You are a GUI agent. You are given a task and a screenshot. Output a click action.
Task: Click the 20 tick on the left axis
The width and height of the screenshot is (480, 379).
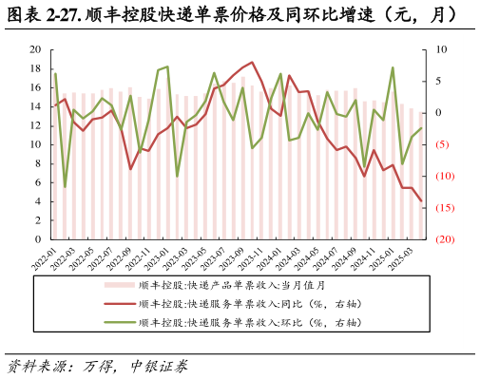[35, 49]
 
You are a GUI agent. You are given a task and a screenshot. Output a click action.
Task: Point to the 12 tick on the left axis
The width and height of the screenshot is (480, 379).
[35, 125]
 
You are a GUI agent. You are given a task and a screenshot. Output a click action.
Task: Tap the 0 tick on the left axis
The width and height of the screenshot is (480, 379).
[37, 239]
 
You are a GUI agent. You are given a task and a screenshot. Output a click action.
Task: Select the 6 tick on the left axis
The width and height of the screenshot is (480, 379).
[37, 182]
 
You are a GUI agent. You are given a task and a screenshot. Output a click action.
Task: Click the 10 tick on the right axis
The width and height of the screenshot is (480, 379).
[439, 49]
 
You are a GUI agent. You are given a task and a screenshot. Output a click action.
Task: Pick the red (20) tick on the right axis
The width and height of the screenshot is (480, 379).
[444, 239]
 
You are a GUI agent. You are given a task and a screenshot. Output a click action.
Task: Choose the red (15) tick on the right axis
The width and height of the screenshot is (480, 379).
[444, 208]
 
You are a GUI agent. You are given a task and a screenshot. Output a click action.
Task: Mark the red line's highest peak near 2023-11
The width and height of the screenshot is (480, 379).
[252, 63]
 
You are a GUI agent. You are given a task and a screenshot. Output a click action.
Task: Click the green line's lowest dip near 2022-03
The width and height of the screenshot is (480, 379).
[65, 186]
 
